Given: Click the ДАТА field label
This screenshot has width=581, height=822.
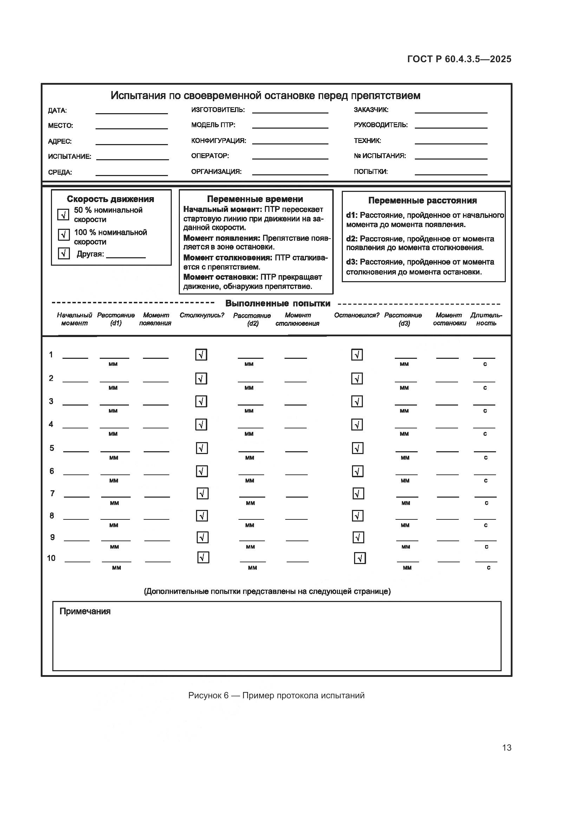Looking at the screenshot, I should pyautogui.click(x=57, y=111).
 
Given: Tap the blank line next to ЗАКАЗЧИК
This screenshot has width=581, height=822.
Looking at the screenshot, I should pyautogui.click(x=451, y=110).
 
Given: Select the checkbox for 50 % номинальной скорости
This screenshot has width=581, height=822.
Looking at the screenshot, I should pyautogui.click(x=63, y=215).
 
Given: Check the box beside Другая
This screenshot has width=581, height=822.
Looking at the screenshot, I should pyautogui.click(x=64, y=253).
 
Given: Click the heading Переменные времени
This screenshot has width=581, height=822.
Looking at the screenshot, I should pyautogui.click(x=255, y=199).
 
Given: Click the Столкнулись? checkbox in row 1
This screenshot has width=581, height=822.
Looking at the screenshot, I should pyautogui.click(x=201, y=355).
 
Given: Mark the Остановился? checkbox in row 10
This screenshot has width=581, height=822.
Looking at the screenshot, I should pyautogui.click(x=360, y=558).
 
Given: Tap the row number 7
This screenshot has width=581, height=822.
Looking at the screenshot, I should pyautogui.click(x=52, y=493).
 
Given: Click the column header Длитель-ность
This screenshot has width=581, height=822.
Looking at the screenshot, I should pyautogui.click(x=486, y=319).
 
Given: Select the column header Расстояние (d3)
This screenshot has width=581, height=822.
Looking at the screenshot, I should pyautogui.click(x=403, y=319).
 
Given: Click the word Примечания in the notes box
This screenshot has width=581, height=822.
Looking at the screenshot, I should pyautogui.click(x=85, y=611).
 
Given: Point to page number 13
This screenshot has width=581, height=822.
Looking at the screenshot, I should pyautogui.click(x=507, y=747).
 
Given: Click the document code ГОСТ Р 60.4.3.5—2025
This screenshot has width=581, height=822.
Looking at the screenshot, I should pyautogui.click(x=459, y=59).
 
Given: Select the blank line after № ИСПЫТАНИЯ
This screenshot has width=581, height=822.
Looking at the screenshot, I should pyautogui.click(x=451, y=156).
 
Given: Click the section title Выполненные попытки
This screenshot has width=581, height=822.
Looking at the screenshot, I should pyautogui.click(x=278, y=304).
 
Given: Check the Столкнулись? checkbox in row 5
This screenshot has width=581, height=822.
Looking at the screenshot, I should pyautogui.click(x=202, y=448).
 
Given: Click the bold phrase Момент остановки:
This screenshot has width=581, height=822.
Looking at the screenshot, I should pyautogui.click(x=220, y=277).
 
